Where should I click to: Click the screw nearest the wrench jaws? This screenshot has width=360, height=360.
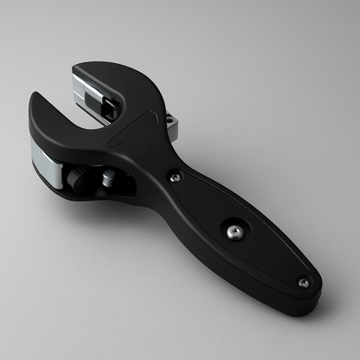176,177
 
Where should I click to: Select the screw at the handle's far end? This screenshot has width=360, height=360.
303,282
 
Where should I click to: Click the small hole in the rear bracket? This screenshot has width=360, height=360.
172,121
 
